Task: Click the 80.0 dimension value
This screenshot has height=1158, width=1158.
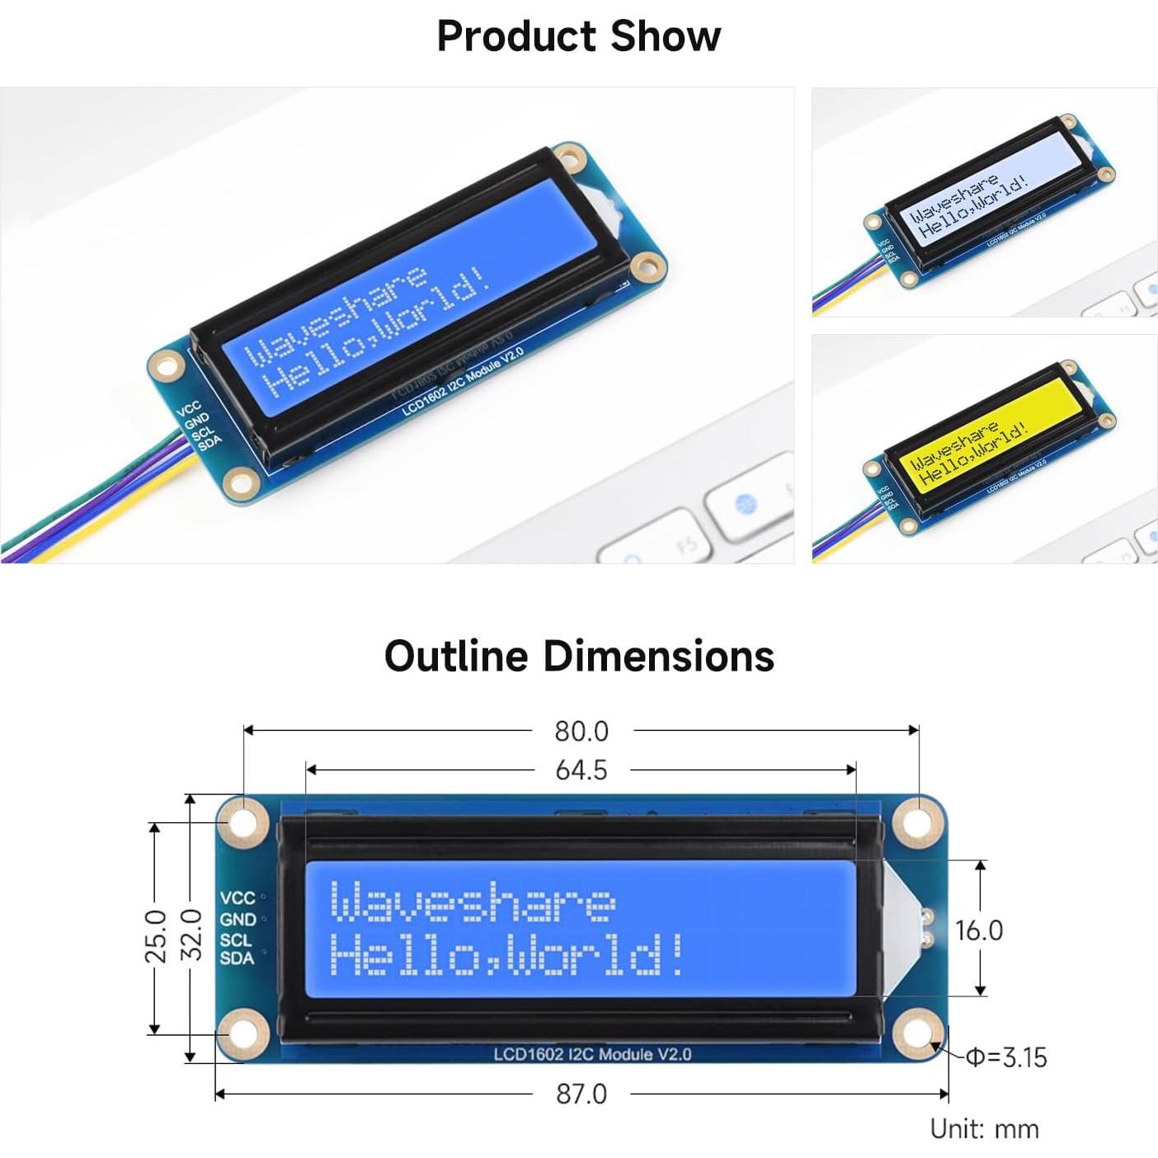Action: coord(581,732)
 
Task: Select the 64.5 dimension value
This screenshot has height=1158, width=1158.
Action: coord(581,770)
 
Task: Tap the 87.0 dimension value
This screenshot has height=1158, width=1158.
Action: coord(581,1094)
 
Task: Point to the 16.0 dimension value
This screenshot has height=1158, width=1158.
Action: coord(979,930)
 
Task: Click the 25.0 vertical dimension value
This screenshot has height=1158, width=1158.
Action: coord(156,936)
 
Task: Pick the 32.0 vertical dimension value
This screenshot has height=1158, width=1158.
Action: coord(191,934)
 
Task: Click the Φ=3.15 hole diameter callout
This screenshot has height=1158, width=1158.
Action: coord(1006,1057)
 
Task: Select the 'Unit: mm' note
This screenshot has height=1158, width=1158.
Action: coord(984,1128)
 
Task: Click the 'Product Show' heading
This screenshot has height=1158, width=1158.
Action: coord(578,36)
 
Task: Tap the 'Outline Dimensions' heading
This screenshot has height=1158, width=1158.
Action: coord(579,656)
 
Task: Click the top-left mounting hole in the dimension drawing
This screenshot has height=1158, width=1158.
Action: coord(243,822)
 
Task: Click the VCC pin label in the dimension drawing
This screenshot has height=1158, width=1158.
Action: coord(238,898)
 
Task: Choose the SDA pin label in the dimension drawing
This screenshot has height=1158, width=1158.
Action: coord(237,958)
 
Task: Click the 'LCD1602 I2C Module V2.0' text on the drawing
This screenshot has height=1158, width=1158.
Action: coord(592,1054)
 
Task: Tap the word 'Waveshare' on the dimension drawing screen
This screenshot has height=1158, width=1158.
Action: coord(472,901)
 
